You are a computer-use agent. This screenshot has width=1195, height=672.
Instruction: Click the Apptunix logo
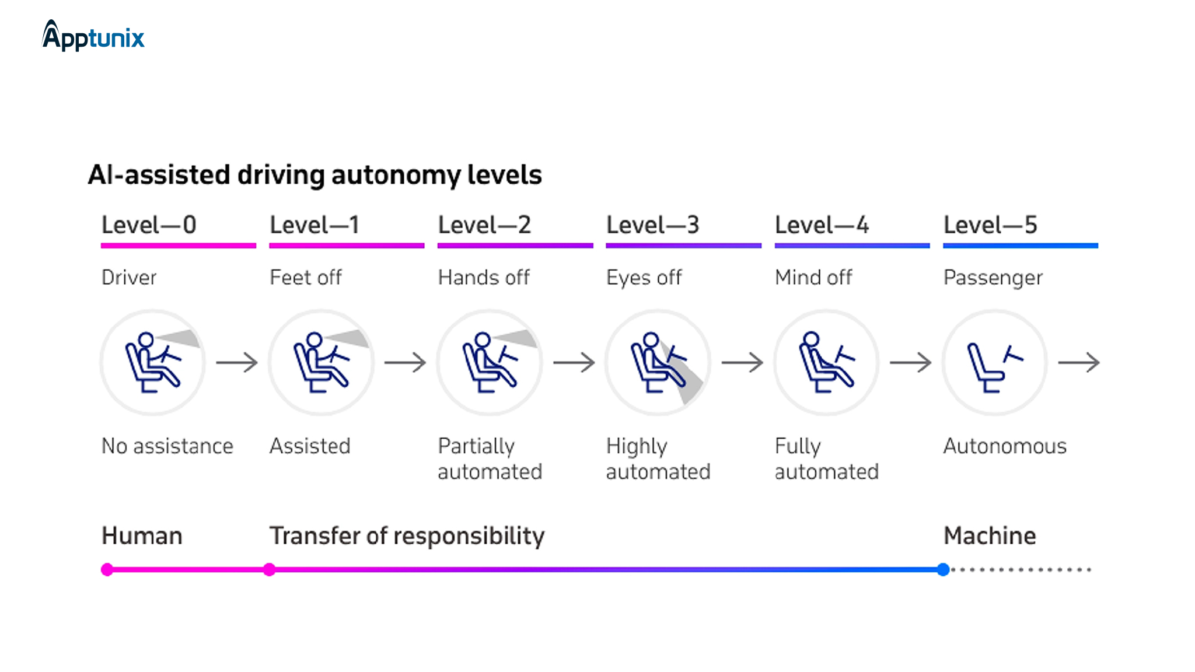point(93,36)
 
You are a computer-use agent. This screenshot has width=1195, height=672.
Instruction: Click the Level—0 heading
point(149,225)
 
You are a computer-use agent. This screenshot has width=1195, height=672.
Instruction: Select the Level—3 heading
point(652,225)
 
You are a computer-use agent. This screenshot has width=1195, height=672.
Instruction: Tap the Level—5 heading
point(990,225)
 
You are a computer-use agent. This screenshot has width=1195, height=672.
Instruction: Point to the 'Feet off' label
point(306,277)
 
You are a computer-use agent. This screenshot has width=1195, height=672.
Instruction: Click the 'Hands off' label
point(484,277)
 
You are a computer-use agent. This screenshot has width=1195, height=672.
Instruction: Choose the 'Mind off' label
point(813,277)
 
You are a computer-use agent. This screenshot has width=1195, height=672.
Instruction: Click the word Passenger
point(993,278)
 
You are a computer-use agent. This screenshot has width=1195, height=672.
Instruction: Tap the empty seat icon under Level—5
point(994,363)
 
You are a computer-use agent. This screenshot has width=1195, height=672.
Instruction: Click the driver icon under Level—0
point(152,363)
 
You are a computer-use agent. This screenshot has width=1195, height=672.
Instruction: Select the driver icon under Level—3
point(658,363)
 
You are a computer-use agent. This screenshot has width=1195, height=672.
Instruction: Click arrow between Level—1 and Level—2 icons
point(406,362)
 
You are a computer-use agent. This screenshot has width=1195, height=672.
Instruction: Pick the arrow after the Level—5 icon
point(1079,362)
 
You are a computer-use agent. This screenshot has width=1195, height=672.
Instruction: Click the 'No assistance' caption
point(167,446)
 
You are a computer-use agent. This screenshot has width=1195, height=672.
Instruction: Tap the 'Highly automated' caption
point(658,459)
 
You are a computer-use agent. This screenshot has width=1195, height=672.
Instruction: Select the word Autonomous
point(1005,446)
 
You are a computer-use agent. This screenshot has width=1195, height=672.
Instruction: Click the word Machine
point(990,535)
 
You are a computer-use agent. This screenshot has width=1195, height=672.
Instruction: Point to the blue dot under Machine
point(943,570)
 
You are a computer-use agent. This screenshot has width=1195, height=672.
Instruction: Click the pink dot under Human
point(107,570)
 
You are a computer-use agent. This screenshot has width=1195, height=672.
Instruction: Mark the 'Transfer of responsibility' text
point(407,535)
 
